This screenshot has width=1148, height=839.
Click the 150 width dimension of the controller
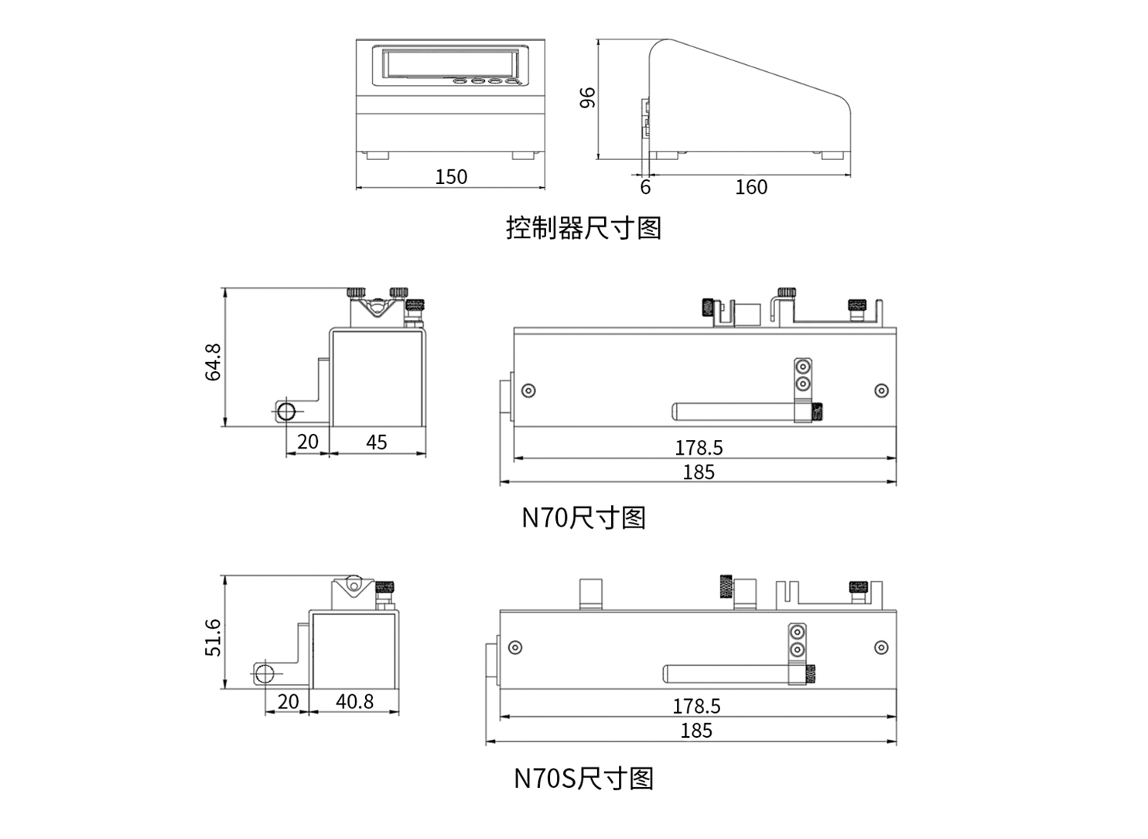pyautogui.click(x=451, y=177)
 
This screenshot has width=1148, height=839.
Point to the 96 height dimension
pyautogui.click(x=588, y=97)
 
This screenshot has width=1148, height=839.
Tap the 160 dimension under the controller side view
pyautogui.click(x=750, y=187)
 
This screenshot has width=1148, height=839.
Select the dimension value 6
pyautogui.click(x=645, y=187)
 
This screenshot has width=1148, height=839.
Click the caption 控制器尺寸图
pyautogui.click(x=583, y=228)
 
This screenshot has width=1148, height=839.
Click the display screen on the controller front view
pyautogui.click(x=449, y=63)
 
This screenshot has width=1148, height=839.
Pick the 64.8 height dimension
pyautogui.click(x=213, y=362)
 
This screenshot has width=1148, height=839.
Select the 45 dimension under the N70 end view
pyautogui.click(x=377, y=442)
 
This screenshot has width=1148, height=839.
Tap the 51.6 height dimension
pyautogui.click(x=213, y=637)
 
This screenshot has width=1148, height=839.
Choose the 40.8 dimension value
pyautogui.click(x=354, y=701)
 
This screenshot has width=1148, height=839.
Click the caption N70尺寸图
pyautogui.click(x=583, y=517)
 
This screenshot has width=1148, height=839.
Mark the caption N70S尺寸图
pyautogui.click(x=583, y=778)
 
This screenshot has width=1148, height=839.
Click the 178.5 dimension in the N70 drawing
pyautogui.click(x=699, y=448)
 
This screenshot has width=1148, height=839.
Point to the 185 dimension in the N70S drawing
pyautogui.click(x=696, y=731)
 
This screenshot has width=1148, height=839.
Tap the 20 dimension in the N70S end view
pyautogui.click(x=288, y=701)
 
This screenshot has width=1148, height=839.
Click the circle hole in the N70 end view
pyautogui.click(x=286, y=411)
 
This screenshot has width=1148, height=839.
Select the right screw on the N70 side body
pyautogui.click(x=881, y=391)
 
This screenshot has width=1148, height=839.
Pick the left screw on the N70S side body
pyautogui.click(x=515, y=647)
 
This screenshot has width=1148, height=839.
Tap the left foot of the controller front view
pyautogui.click(x=378, y=155)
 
